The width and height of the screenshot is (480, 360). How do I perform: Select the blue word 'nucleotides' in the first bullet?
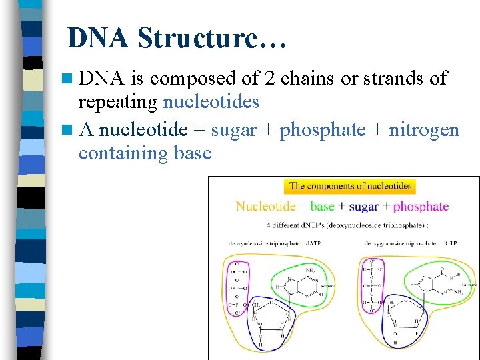[211, 102]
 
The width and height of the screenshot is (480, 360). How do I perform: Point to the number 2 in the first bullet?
[269, 78]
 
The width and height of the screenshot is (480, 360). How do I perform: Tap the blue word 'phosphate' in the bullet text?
[323, 129]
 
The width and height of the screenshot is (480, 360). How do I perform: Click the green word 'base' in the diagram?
[323, 207]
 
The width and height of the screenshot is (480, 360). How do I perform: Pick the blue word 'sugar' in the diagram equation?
[363, 207]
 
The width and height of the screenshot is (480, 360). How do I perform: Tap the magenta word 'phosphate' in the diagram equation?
[421, 207]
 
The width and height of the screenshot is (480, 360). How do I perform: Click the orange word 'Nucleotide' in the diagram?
[267, 207]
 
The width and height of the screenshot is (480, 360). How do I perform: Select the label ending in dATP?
[275, 245]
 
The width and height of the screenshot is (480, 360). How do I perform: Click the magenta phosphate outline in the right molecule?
[372, 287]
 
